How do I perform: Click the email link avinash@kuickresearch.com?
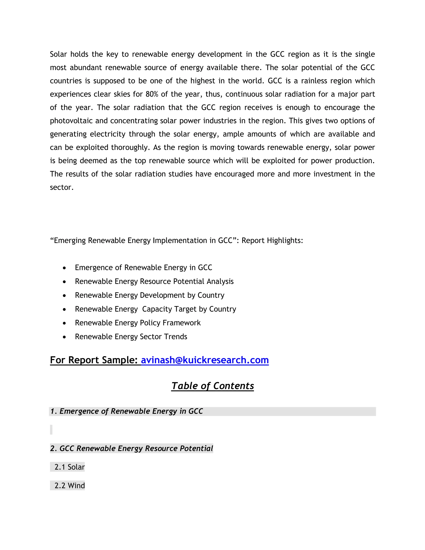pos(205,360)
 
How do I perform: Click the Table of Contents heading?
pos(212,386)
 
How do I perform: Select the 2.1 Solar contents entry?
pos(70,467)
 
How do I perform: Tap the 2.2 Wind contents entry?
pos(70,485)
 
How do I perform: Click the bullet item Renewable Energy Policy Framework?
pos(138,323)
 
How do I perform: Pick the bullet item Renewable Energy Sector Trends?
pos(131,337)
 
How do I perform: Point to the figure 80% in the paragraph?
pos(152,94)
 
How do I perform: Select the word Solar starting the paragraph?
pos(58,54)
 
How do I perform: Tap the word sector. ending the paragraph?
pos(62,187)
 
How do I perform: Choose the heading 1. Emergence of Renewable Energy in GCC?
pos(127,411)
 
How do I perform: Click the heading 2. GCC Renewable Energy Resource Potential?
pos(131,449)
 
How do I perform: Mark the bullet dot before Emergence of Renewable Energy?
pos(65,268)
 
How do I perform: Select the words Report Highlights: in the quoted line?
pos(272,241)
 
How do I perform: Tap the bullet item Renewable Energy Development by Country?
pos(150,295)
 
